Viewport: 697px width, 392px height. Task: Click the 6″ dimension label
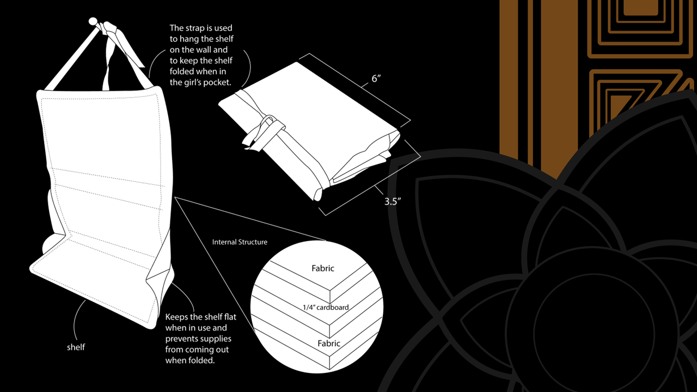(376, 79)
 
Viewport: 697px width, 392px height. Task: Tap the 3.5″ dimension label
(392, 201)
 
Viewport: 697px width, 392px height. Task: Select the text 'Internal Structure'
(240, 242)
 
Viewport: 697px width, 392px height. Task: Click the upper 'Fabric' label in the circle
(323, 268)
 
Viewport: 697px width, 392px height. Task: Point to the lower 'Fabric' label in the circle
(329, 343)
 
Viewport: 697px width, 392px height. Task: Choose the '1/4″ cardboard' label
(326, 307)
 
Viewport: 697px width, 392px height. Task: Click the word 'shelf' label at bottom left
(76, 347)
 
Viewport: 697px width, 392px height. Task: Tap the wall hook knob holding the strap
(93, 22)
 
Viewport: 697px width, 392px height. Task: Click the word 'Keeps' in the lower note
(177, 317)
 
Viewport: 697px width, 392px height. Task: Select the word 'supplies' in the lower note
(213, 339)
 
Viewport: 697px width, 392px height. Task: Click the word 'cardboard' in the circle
(333, 307)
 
